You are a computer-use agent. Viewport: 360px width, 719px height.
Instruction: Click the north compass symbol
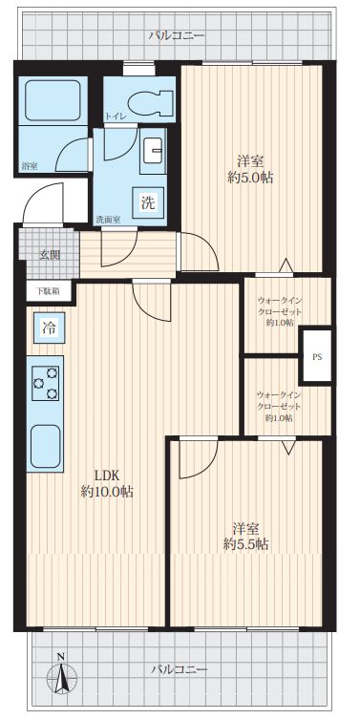pyautogui.click(x=61, y=674)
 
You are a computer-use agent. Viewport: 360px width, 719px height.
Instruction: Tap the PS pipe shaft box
pyautogui.click(x=315, y=356)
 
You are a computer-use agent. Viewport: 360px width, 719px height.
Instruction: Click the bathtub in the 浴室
pyautogui.click(x=53, y=100)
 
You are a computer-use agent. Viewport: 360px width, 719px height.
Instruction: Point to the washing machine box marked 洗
pyautogui.click(x=147, y=202)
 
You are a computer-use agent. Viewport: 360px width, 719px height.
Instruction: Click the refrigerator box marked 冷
pyautogui.click(x=49, y=328)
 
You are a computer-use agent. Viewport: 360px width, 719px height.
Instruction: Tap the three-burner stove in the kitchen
pyautogui.click(x=45, y=383)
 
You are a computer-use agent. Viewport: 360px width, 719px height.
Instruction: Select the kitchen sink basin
pyautogui.click(x=45, y=446)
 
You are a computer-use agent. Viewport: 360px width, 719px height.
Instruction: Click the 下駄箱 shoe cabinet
pyautogui.click(x=48, y=290)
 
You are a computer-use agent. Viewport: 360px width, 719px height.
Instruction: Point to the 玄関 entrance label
pyautogui.click(x=49, y=255)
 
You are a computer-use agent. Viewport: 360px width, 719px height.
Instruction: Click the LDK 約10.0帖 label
pyautogui.click(x=107, y=483)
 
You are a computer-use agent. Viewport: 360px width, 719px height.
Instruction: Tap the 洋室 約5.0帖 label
pyautogui.click(x=250, y=169)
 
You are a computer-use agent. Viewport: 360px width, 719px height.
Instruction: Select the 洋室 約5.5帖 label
pyautogui.click(x=245, y=536)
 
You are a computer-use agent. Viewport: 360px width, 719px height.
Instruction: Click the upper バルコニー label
pyautogui.click(x=177, y=35)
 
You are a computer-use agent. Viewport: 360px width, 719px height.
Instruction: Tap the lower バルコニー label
pyautogui.click(x=180, y=669)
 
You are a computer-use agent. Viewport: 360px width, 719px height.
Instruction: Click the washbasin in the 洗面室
pyautogui.click(x=152, y=151)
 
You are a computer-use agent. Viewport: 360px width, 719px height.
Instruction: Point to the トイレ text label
pyautogui.click(x=115, y=116)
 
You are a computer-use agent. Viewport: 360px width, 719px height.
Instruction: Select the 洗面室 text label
pyautogui.click(x=108, y=220)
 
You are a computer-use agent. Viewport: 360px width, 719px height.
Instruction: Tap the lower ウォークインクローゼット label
pyautogui.click(x=279, y=406)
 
